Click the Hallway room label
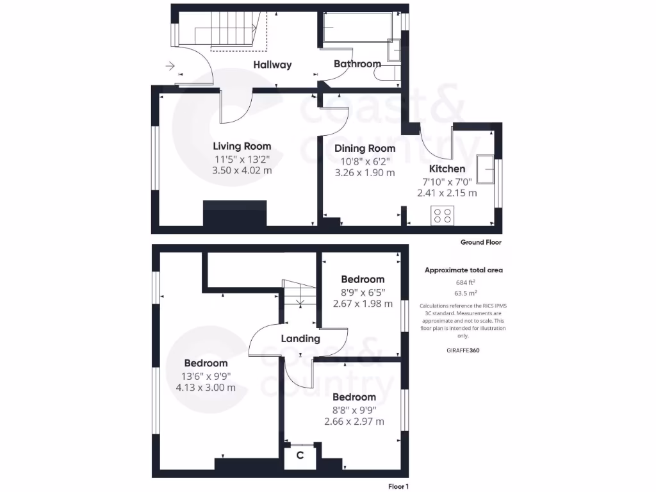coord(272,65)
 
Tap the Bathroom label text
coord(357,64)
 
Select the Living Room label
coord(242,147)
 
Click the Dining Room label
coord(365,149)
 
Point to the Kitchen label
coord(447,169)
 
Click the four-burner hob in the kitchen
coord(441,216)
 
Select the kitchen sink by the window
coord(487,168)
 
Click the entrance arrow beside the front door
coord(170,65)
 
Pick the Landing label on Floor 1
coord(300,339)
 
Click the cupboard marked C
coord(300,455)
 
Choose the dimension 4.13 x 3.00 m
coord(206,388)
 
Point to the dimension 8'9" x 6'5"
coord(363,292)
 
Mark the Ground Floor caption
coord(480,243)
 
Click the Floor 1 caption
coord(397,487)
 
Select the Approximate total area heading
coord(464,270)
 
